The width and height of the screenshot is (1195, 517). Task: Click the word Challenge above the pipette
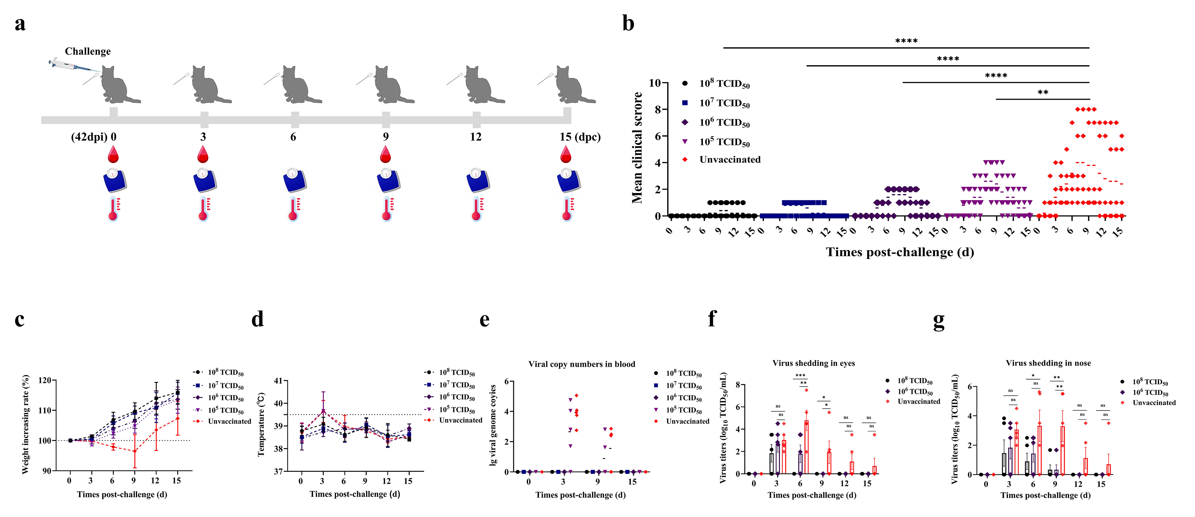[88, 52]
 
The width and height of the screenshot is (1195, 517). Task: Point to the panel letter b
[628, 23]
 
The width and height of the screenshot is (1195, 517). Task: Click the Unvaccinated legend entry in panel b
[730, 160]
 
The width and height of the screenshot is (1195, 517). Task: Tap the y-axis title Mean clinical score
[637, 148]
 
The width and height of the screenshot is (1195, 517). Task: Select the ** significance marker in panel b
[1043, 92]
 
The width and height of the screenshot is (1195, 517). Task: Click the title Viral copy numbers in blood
[582, 364]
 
